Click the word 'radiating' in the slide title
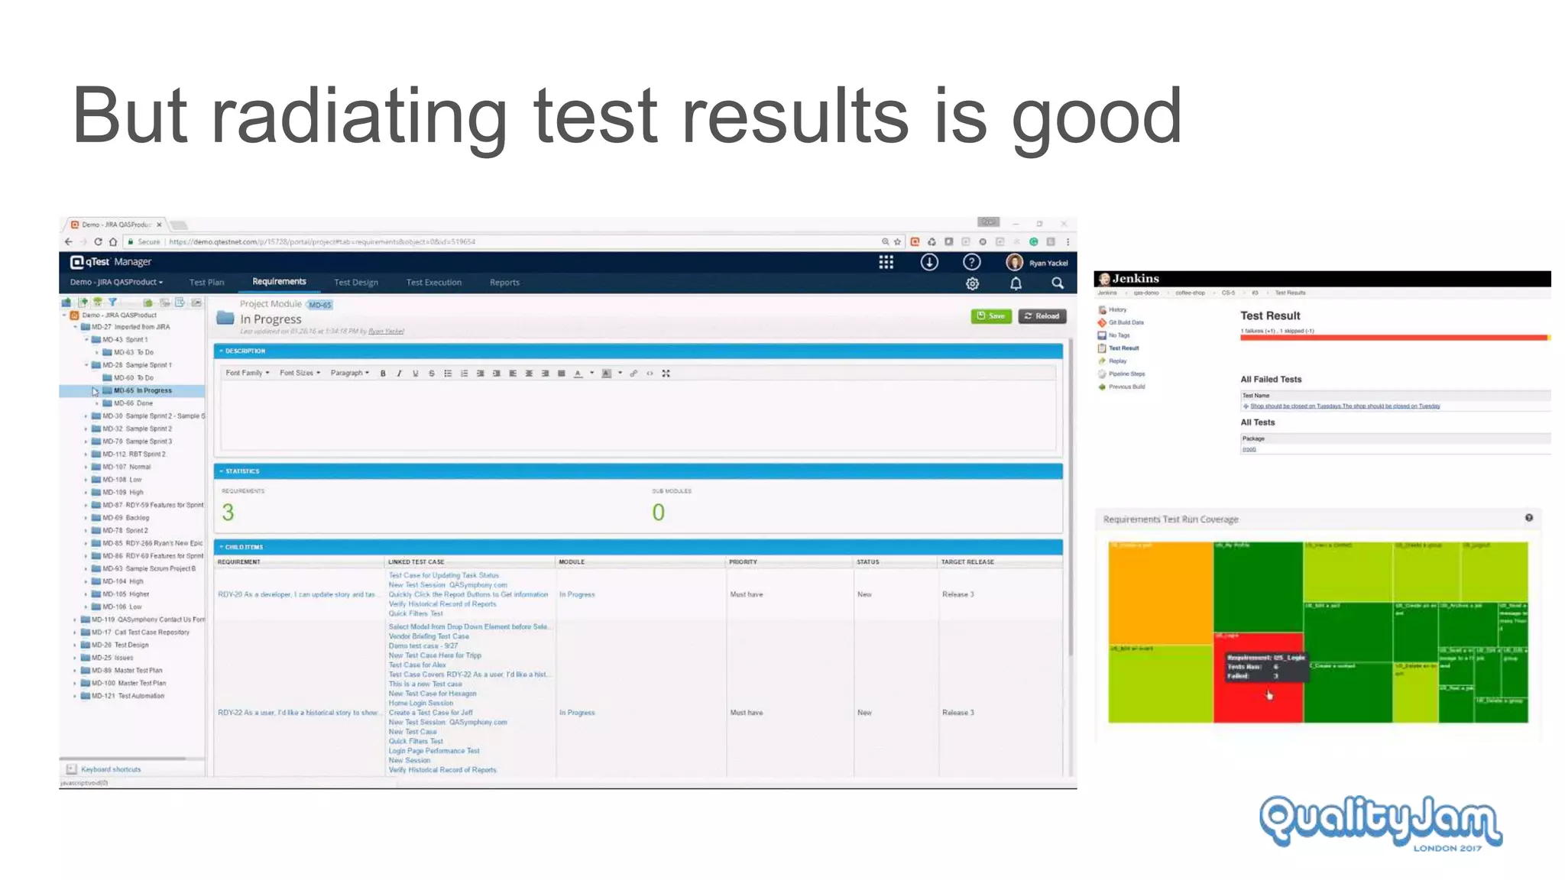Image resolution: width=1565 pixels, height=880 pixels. [x=358, y=116]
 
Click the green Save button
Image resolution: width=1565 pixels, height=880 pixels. [x=991, y=316]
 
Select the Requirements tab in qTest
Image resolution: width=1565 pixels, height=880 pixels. [x=279, y=282]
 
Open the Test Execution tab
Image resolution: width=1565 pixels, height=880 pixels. [x=433, y=283]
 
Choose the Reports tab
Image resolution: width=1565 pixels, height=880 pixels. [x=504, y=283]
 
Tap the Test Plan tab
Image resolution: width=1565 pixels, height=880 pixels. [x=206, y=283]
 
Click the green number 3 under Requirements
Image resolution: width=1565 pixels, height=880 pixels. [x=228, y=513]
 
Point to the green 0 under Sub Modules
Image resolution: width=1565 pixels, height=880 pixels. [x=658, y=513]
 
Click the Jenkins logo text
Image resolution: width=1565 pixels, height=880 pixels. [x=1135, y=279]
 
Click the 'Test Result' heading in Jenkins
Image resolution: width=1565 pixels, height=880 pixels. [x=1270, y=315]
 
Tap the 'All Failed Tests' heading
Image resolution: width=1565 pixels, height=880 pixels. [x=1270, y=380]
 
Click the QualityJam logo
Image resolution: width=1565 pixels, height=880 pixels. [x=1380, y=822]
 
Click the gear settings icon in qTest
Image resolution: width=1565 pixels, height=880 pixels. [x=972, y=283]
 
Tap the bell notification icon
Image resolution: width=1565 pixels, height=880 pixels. [x=1016, y=283]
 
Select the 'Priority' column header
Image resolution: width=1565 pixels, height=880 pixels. [x=743, y=562]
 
